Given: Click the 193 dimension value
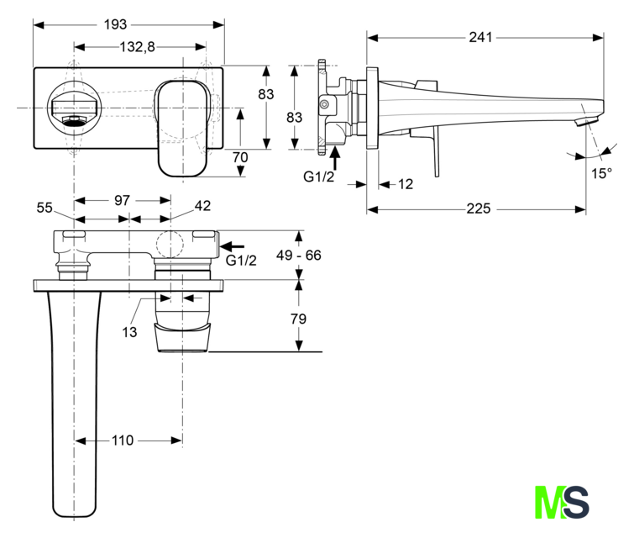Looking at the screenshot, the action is [x=115, y=24].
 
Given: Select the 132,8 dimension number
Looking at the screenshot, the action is [x=137, y=47].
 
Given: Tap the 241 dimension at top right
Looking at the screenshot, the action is [x=480, y=37].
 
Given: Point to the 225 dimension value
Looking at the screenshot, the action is [x=479, y=208].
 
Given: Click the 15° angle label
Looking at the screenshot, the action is [x=601, y=173].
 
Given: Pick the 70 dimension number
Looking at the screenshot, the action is [x=240, y=157].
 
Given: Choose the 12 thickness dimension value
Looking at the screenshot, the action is [x=406, y=184].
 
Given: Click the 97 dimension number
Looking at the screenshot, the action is [x=122, y=200].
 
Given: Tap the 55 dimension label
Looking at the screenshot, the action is [x=45, y=208].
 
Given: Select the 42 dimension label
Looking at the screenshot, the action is [x=202, y=206].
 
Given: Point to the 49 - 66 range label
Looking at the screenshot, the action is [x=299, y=255].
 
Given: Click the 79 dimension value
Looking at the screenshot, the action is [x=298, y=319].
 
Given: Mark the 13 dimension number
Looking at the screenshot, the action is [x=129, y=332].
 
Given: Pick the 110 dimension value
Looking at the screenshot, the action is [x=123, y=440].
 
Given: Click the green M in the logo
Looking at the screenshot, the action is [x=549, y=502].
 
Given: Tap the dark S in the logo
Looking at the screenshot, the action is [x=575, y=502].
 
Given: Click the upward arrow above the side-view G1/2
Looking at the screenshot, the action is [x=334, y=159].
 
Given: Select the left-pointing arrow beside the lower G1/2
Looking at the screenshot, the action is [x=233, y=246].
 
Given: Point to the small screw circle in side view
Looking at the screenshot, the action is [x=323, y=104].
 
